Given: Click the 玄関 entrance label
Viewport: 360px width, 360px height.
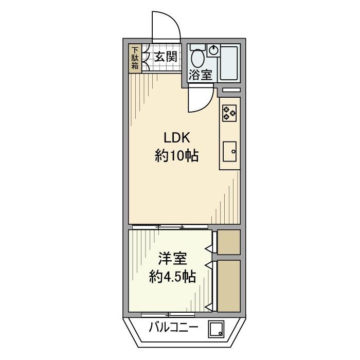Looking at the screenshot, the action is pyautogui.click(x=165, y=57).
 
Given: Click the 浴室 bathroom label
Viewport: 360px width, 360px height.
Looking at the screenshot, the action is pyautogui.click(x=200, y=75).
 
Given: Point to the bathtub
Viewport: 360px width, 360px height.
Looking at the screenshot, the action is pyautogui.click(x=229, y=63).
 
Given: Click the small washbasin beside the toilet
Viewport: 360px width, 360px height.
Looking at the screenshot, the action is pyautogui.click(x=214, y=50).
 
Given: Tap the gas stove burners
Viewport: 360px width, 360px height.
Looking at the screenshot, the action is pyautogui.click(x=229, y=113).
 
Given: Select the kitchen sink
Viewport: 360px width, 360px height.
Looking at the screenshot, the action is pyautogui.click(x=230, y=152).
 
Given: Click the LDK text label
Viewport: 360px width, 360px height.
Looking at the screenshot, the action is pyautogui.click(x=177, y=137).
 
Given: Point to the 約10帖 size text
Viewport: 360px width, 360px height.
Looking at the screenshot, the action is pyautogui.click(x=177, y=155).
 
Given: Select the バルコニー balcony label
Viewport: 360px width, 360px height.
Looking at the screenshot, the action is pyautogui.click(x=173, y=327).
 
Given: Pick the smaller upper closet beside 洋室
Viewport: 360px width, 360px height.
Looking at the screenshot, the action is pyautogui.click(x=229, y=242).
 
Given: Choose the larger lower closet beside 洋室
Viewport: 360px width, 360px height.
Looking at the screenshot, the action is pyautogui.click(x=229, y=285).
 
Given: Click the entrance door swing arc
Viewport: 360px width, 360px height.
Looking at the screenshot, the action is pyautogui.click(x=166, y=26).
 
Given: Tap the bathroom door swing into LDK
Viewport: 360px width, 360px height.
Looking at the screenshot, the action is pyautogui.click(x=201, y=99).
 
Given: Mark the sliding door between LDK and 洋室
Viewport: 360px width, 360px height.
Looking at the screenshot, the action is pyautogui.click(x=170, y=227).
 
